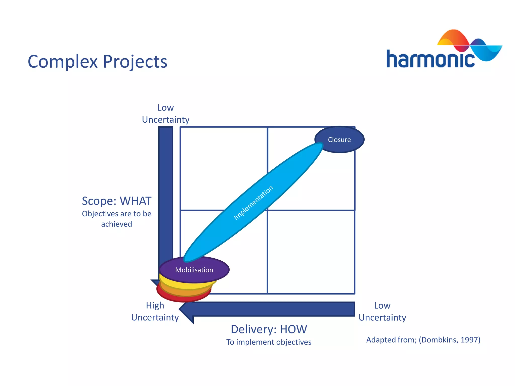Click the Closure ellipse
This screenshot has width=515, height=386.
(x=339, y=139)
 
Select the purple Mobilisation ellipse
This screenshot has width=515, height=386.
(x=194, y=270)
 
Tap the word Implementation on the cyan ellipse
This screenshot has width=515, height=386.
(x=253, y=203)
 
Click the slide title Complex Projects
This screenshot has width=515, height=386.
(x=97, y=62)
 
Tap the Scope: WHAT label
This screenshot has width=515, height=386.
(x=117, y=201)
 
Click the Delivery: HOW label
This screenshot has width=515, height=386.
(x=269, y=329)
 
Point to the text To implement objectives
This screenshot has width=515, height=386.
(x=269, y=342)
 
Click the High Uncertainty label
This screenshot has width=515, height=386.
(x=155, y=311)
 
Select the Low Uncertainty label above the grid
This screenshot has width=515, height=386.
(x=165, y=114)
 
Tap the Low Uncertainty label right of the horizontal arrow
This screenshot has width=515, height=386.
(x=382, y=311)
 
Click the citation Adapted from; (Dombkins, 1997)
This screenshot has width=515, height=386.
(x=423, y=340)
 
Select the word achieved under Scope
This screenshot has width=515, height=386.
(x=116, y=224)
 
